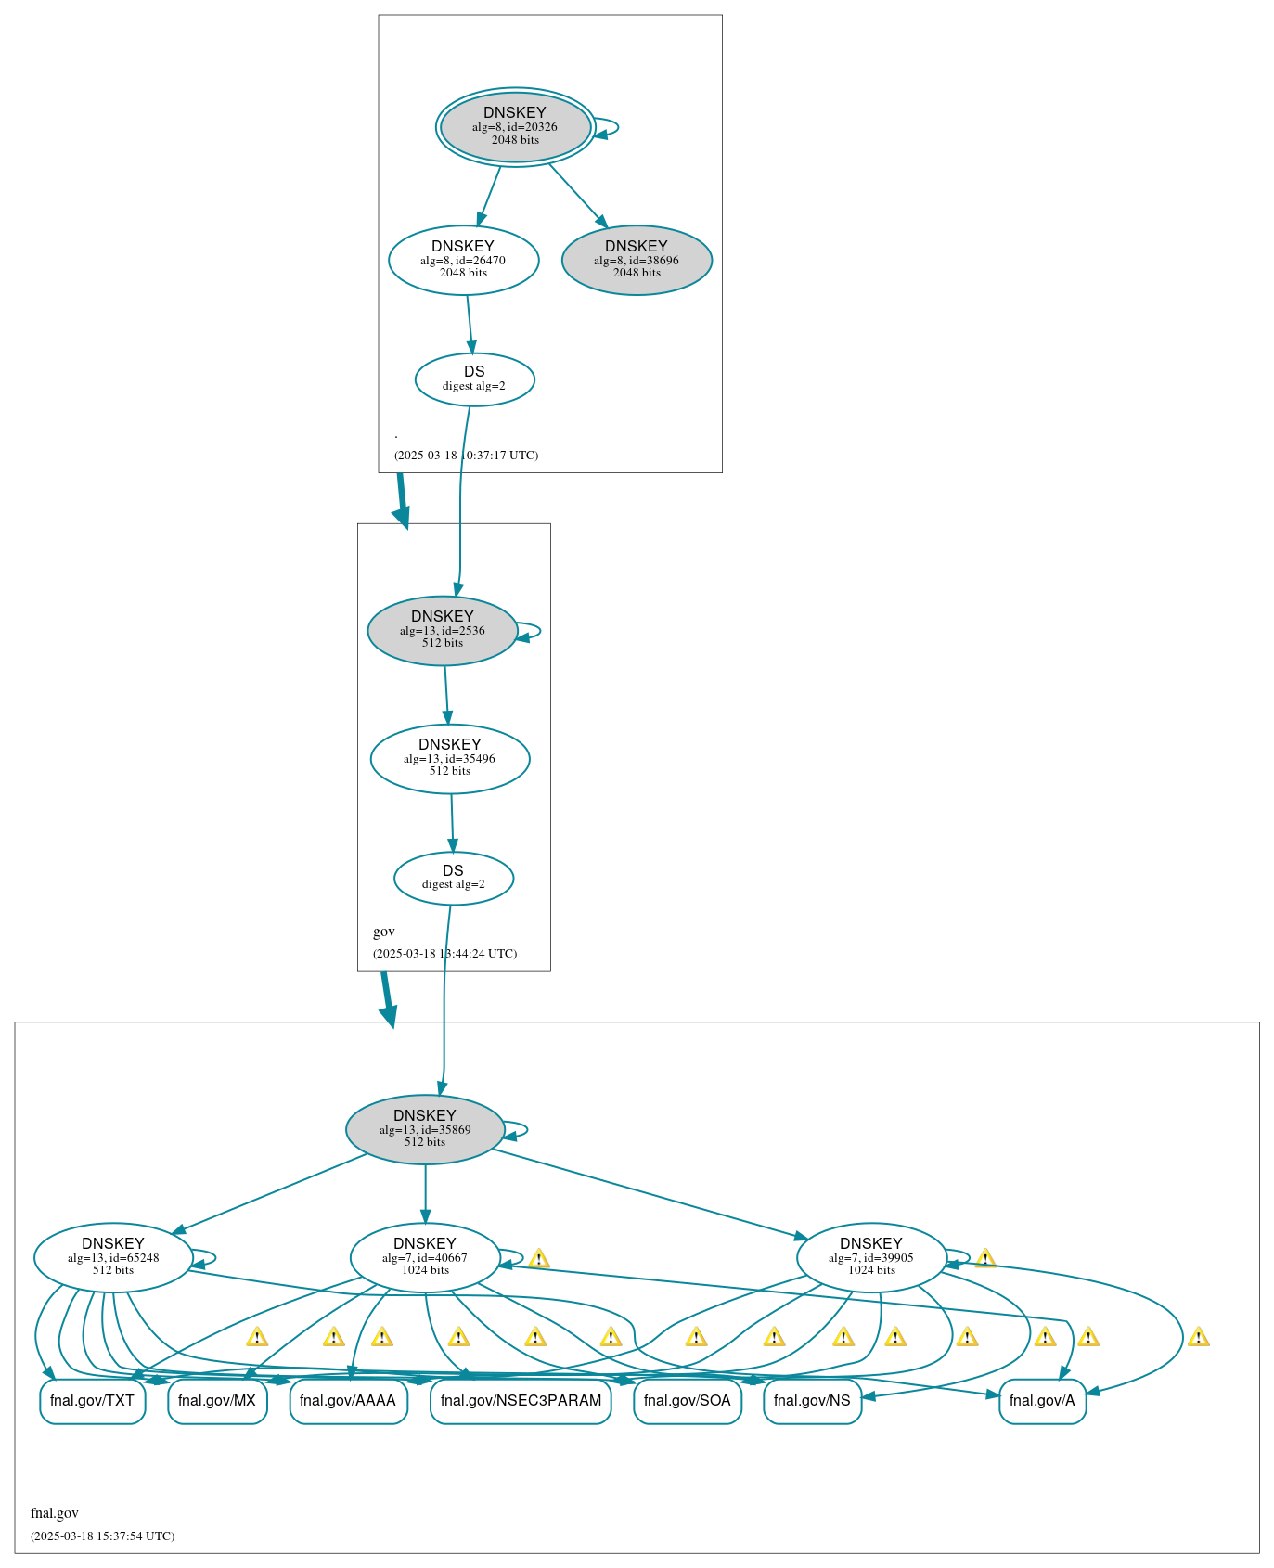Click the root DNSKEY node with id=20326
(515, 127)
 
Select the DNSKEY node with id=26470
(463, 261)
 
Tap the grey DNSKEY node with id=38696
(637, 261)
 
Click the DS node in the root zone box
(474, 379)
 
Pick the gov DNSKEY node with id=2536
(443, 630)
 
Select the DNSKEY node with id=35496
(450, 758)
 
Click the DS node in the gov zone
(453, 878)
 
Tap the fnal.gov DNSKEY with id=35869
(425, 1129)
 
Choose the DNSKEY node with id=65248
(113, 1257)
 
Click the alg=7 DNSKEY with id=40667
(425, 1257)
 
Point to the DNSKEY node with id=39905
(871, 1257)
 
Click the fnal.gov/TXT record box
(92, 1401)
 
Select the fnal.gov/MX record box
(217, 1401)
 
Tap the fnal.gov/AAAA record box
(348, 1401)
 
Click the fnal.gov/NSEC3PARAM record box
(521, 1401)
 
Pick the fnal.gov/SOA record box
(687, 1401)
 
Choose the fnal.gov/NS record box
(812, 1401)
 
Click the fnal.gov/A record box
(1042, 1401)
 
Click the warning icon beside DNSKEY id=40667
(538, 1259)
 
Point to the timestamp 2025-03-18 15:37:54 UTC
(102, 1536)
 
